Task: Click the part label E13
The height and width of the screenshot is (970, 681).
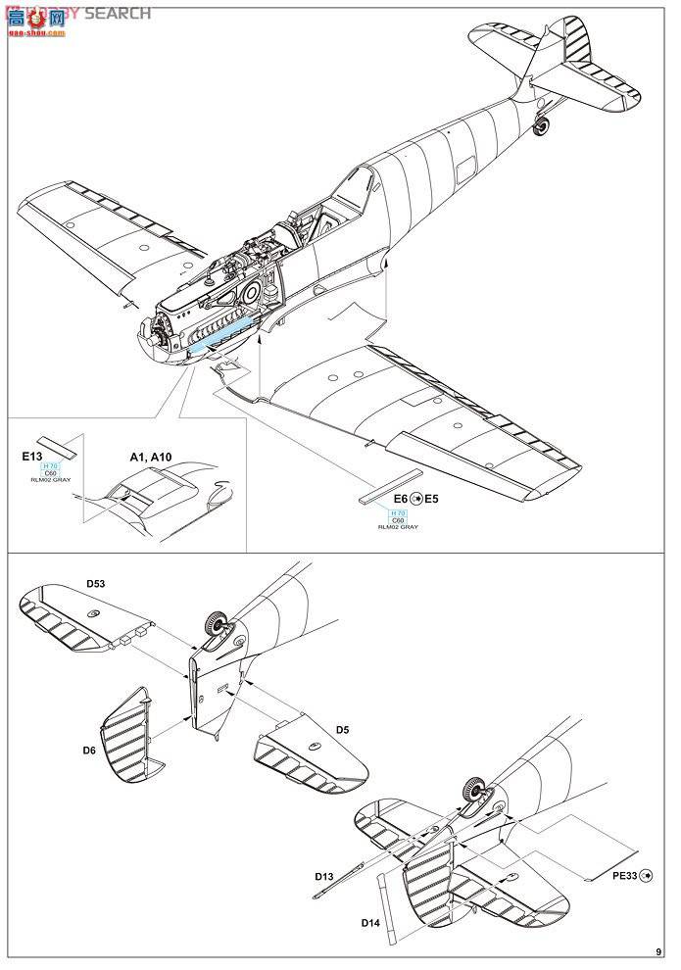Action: (31, 457)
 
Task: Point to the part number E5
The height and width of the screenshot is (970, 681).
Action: (430, 499)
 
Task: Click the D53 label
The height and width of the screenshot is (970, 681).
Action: (95, 584)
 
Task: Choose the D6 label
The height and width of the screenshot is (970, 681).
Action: (88, 750)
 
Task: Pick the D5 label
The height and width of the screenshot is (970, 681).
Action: (342, 729)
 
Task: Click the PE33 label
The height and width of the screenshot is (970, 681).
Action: (623, 877)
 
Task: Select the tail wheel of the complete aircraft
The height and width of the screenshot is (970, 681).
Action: (540, 124)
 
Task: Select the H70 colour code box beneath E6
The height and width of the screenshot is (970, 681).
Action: (398, 513)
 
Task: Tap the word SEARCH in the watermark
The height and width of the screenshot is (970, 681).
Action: (118, 14)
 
